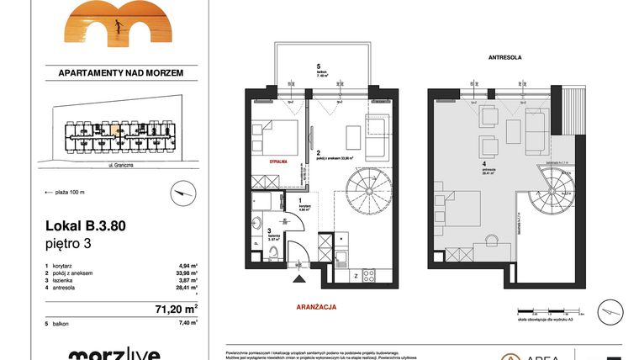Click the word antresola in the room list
click(x=72, y=288)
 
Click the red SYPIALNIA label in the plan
click(x=280, y=158)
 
